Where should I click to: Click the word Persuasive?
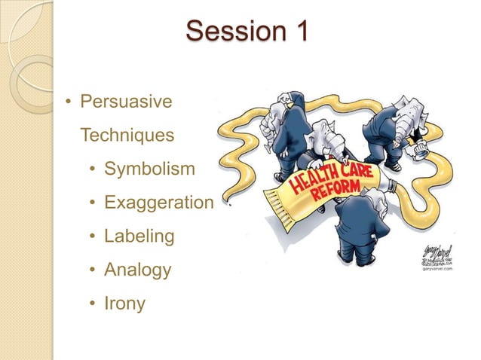click(x=126, y=101)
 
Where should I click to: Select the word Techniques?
click(x=127, y=136)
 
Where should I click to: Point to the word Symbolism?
click(x=149, y=169)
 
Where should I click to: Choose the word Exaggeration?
click(x=159, y=203)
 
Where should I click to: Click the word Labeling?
click(x=139, y=236)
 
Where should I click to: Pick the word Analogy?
click(x=137, y=270)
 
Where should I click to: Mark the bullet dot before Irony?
click(x=92, y=304)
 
